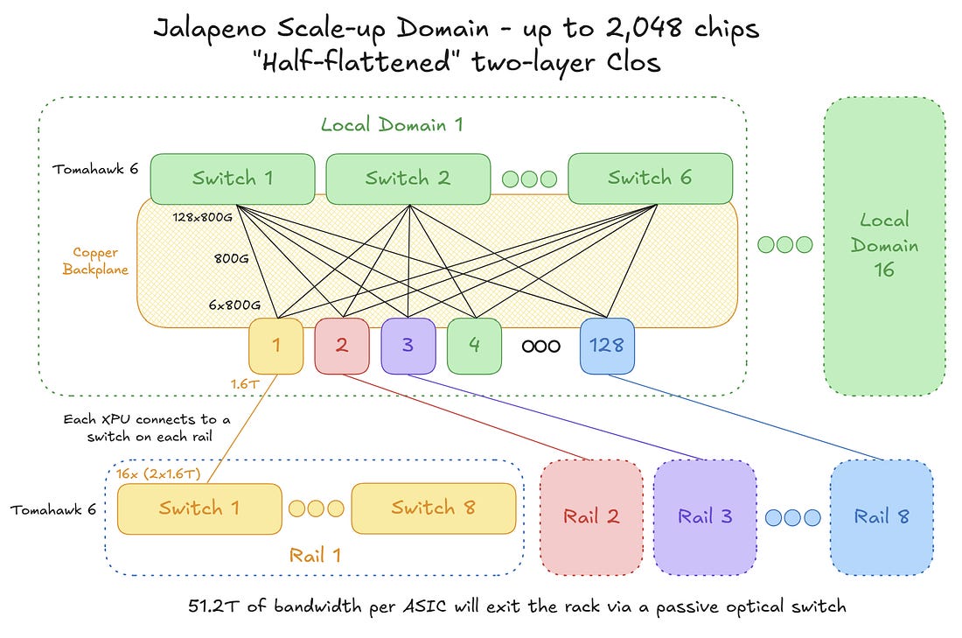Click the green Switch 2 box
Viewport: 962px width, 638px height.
pyautogui.click(x=408, y=179)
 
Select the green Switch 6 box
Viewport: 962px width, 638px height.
pyautogui.click(x=651, y=179)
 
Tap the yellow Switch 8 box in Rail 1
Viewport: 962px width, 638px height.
pyautogui.click(x=434, y=508)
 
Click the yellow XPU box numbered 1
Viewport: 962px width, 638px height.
pyautogui.click(x=276, y=346)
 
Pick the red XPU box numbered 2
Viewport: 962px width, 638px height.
pyautogui.click(x=342, y=346)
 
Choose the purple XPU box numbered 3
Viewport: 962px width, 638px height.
pyautogui.click(x=408, y=346)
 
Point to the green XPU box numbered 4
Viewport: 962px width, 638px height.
pyautogui.click(x=474, y=346)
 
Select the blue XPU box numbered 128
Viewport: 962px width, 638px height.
pyautogui.click(x=608, y=346)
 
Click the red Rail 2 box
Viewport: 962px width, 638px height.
pyautogui.click(x=591, y=517)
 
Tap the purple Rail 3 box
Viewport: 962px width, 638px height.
pyautogui.click(x=705, y=517)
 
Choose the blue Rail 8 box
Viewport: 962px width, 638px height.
pyautogui.click(x=882, y=517)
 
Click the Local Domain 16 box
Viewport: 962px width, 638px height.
pyautogui.click(x=884, y=246)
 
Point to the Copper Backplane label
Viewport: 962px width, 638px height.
pyautogui.click(x=95, y=261)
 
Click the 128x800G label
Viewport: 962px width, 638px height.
pyautogui.click(x=203, y=217)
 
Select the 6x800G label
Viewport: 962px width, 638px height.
pyautogui.click(x=234, y=305)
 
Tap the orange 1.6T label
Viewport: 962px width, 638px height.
pyautogui.click(x=245, y=384)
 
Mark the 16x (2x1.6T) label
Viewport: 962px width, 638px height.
pyautogui.click(x=158, y=474)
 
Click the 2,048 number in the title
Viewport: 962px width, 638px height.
pyautogui.click(x=644, y=28)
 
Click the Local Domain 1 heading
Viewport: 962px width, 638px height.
pyautogui.click(x=392, y=125)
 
